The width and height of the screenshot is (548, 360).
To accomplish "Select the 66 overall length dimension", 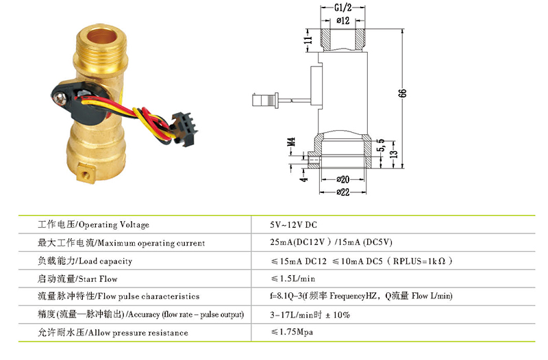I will (x=402, y=94).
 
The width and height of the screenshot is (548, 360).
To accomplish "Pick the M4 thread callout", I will (x=291, y=143).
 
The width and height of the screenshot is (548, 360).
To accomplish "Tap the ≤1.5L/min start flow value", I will (x=293, y=279).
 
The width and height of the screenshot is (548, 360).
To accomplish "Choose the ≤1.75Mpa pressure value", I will (x=295, y=332).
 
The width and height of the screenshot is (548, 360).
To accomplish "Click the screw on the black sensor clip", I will (x=58, y=98).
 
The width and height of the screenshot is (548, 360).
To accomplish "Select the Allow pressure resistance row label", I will (x=113, y=332).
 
